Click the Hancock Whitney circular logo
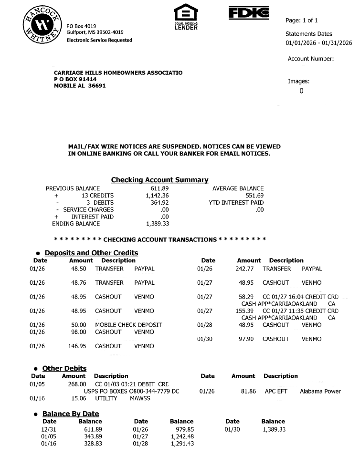coord(41,26)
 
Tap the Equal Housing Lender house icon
coord(186,12)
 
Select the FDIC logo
coord(249,12)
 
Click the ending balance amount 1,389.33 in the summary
coord(157,224)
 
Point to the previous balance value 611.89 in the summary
coord(159,188)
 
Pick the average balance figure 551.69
coord(254,196)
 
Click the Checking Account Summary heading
coord(159,180)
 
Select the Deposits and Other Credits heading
coord(91,253)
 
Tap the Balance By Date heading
coord(71,414)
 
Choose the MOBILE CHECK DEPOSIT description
coord(128,325)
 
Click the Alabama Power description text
coord(320,392)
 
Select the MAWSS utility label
coord(140,398)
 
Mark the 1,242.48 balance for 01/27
coord(182,436)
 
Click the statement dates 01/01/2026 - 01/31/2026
coord(318,43)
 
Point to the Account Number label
coord(310,59)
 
